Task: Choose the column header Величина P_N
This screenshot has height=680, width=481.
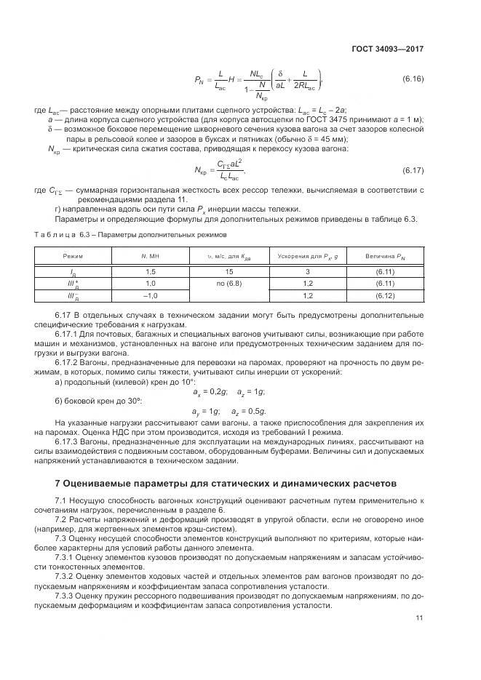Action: tap(385, 256)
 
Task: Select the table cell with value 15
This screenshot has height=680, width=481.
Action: tap(229, 271)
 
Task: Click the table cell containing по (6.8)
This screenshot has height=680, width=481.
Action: tap(229, 282)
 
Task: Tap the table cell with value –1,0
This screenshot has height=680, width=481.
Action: tap(151, 295)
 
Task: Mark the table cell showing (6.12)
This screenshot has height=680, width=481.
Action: tap(385, 295)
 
